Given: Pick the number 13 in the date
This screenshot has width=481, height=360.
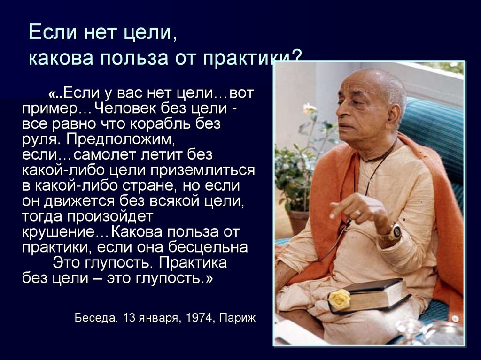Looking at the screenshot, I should coord(129,318).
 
